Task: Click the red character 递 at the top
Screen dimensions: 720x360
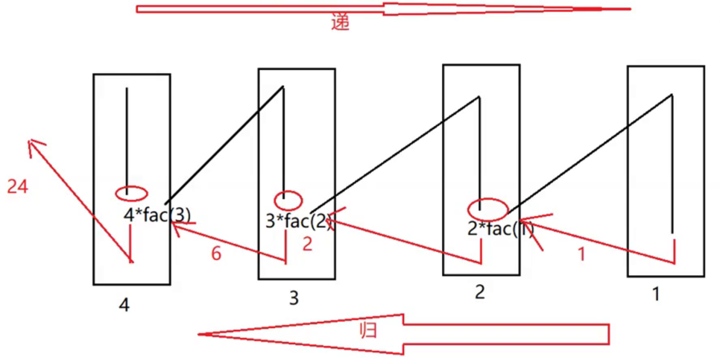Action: coord(341,22)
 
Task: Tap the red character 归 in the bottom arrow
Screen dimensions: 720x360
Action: coord(367,329)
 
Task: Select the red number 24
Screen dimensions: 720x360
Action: coord(17,187)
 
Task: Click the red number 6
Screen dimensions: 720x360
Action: coord(216,254)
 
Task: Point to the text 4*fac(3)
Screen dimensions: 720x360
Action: coord(157,215)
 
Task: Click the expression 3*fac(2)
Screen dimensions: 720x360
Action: coord(297,221)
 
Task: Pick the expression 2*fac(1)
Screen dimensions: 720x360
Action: coord(500,229)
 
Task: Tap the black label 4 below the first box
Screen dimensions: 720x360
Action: coord(124,304)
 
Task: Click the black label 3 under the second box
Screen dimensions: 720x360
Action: coord(294,299)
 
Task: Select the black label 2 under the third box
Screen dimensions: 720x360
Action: coord(479,292)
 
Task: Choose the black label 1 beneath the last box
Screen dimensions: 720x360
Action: coord(656,294)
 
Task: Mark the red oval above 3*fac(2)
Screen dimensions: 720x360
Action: coord(288,200)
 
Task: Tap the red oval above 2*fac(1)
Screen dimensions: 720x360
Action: coord(487,209)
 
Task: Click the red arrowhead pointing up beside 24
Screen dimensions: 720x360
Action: coord(34,146)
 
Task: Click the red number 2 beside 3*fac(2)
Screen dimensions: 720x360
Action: coord(307,245)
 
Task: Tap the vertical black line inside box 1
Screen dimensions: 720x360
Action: coord(673,160)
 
